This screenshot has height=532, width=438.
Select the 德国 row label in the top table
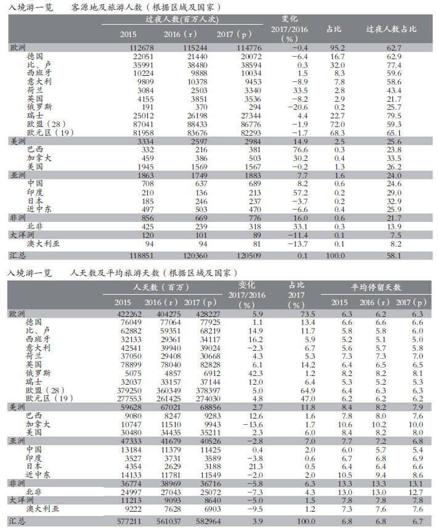point(35,56)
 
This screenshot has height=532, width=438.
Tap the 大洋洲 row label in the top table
point(21,235)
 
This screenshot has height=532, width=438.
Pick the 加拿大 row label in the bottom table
point(38,425)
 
